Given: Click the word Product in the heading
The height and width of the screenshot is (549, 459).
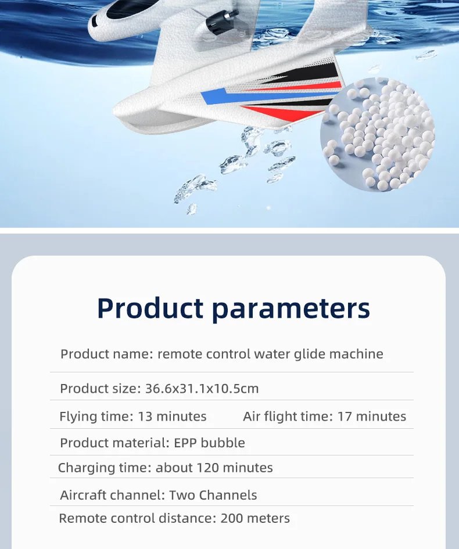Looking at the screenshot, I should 149,308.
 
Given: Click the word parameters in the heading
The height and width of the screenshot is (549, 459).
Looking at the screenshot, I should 291,308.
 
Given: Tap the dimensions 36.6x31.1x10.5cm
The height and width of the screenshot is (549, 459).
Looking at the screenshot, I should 200,389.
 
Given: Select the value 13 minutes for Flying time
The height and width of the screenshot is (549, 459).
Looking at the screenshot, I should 172,417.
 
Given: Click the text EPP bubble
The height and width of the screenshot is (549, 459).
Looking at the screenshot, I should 209,443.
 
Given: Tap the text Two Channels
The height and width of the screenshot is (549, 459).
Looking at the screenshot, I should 213,496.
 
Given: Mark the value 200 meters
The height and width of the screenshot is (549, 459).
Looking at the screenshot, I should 255,518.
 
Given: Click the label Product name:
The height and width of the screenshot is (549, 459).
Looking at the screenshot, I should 107,354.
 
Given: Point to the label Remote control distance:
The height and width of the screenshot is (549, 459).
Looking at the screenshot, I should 138,518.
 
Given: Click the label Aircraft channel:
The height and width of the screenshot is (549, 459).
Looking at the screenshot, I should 113,496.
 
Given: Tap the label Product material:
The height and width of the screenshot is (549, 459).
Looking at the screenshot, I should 115,443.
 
